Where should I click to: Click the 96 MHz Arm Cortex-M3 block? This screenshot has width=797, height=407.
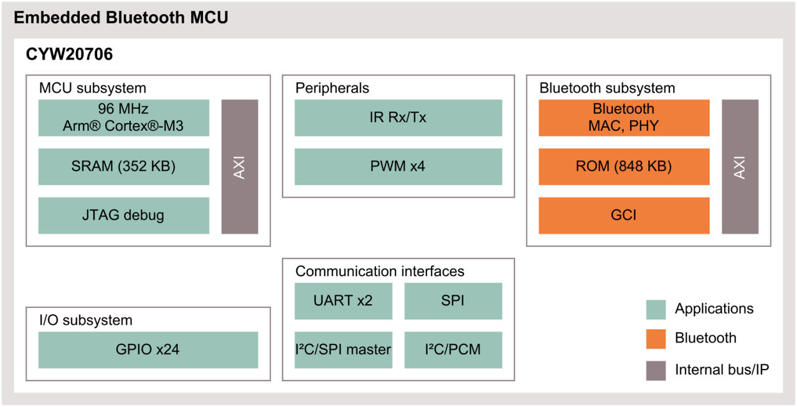(123, 118)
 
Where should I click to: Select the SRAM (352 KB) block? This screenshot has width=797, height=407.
(123, 166)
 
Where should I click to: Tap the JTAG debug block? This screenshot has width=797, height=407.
(123, 216)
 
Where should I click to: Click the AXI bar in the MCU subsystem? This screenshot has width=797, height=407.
(240, 166)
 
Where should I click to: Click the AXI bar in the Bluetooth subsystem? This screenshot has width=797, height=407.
(740, 166)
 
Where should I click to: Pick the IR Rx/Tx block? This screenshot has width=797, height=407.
(398, 118)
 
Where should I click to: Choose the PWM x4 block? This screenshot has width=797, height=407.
(398, 166)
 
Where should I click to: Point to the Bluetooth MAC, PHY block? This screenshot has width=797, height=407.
(623, 118)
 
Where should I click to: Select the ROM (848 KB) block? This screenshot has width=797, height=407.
(623, 166)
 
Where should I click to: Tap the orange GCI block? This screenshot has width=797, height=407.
(623, 216)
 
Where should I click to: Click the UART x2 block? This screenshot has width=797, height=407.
(343, 300)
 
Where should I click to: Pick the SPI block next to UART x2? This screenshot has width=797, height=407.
(453, 300)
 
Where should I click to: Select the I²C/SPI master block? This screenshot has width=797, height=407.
(343, 350)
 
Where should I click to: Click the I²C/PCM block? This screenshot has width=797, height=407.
(453, 350)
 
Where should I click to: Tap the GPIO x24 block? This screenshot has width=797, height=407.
(148, 350)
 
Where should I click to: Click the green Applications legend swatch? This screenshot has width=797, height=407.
(656, 309)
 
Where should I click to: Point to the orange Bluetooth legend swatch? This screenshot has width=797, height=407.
(656, 338)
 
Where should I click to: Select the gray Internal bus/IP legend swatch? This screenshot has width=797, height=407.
(656, 370)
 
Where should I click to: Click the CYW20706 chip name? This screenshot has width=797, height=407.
(69, 55)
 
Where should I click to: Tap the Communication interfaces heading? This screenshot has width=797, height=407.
(379, 271)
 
